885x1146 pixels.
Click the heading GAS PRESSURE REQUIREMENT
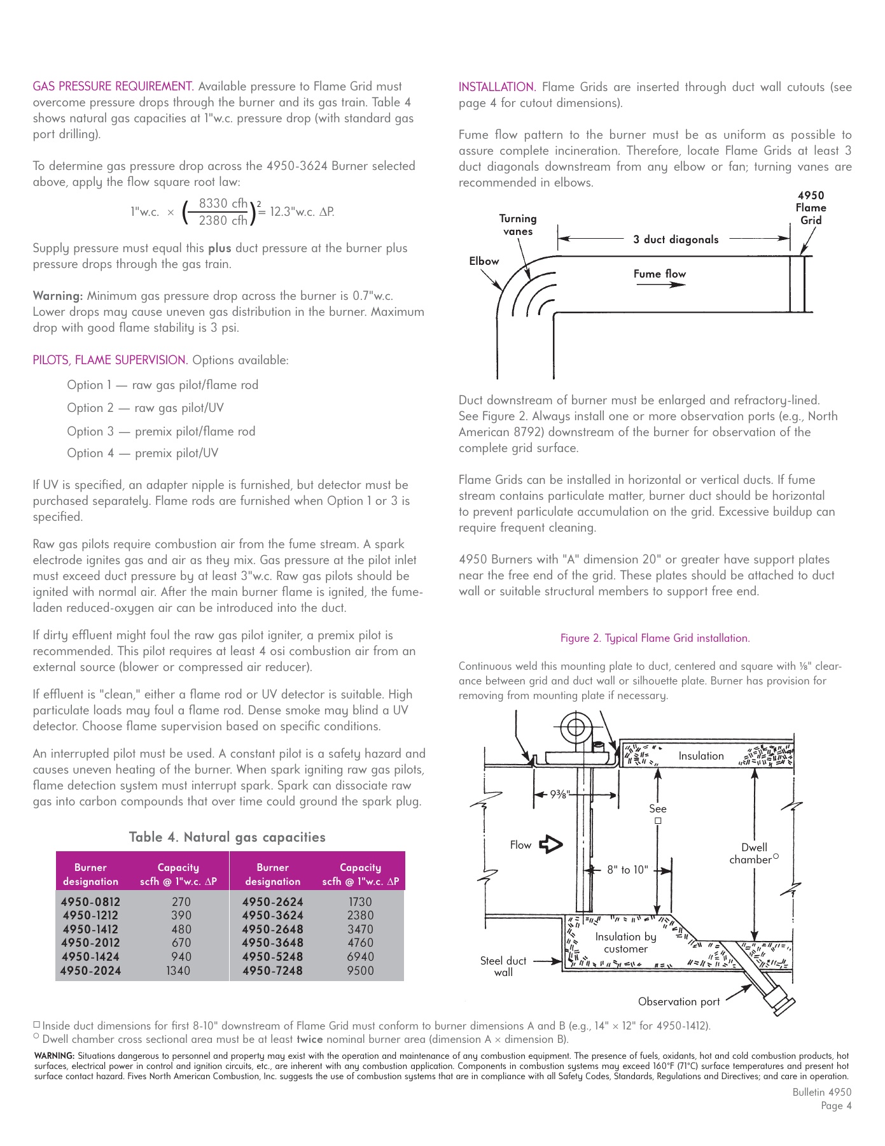(113, 87)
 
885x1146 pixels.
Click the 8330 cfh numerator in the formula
(223, 204)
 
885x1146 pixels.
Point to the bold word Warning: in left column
(58, 296)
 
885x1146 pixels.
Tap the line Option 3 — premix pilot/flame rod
(161, 432)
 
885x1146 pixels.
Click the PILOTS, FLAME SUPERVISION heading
(109, 360)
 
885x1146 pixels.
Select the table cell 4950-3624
(272, 916)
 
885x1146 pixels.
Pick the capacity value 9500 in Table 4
(360, 971)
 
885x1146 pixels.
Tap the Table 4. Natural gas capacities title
(227, 837)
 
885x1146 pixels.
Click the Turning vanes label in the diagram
(518, 225)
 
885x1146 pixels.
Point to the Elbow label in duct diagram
(484, 261)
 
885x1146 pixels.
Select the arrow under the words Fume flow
(660, 285)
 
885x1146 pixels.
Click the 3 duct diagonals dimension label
(676, 239)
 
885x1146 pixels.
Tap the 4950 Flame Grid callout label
(811, 208)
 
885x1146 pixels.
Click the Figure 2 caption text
(655, 638)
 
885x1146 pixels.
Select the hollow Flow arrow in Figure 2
(550, 845)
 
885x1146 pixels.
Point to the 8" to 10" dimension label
(627, 870)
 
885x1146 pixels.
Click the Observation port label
(679, 1001)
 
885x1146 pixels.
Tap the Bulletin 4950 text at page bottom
(821, 1092)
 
